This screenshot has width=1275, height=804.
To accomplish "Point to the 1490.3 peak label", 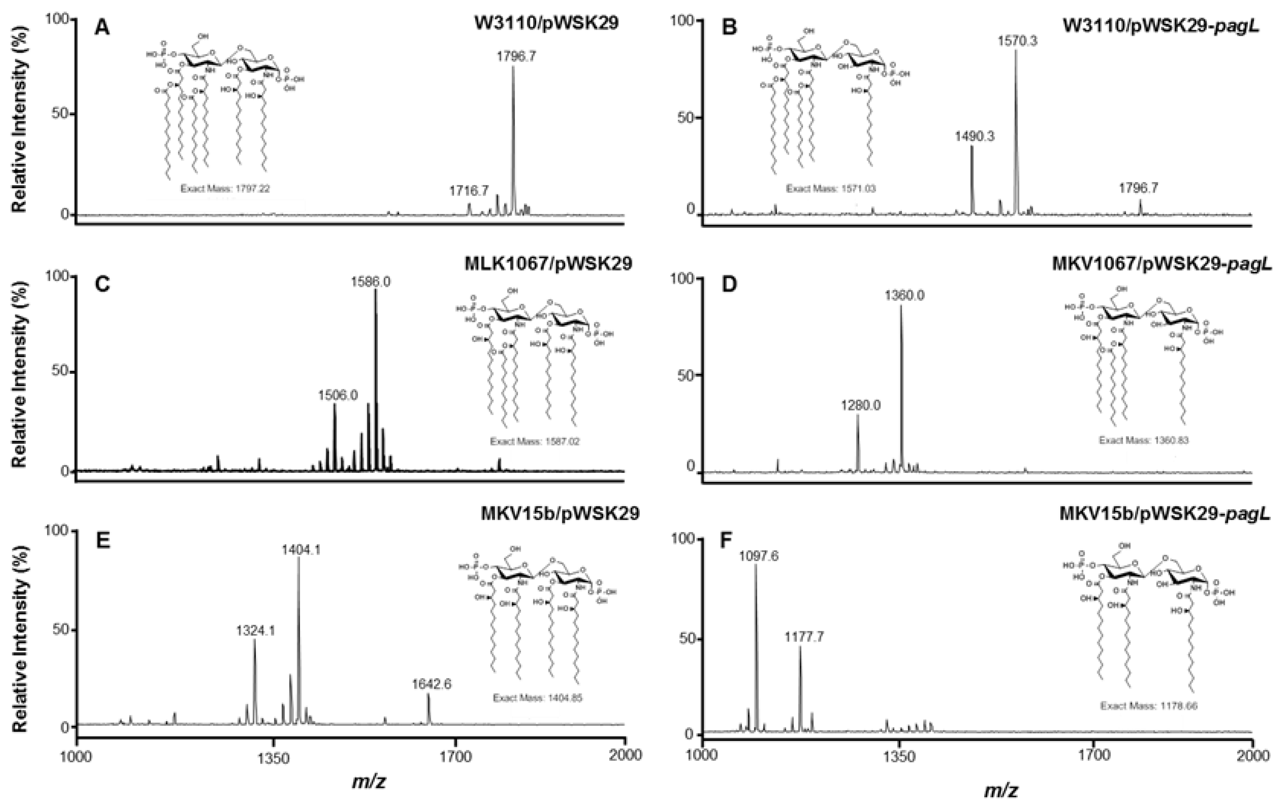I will (x=974, y=137).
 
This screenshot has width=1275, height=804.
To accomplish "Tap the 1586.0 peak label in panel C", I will (x=371, y=282).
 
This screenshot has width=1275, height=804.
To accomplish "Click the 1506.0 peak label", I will (x=338, y=395).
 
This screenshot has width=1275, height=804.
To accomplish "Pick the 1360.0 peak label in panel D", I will (x=904, y=295).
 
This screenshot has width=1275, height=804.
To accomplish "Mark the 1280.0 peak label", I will (x=860, y=406).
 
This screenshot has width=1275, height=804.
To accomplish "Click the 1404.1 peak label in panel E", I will (x=301, y=550).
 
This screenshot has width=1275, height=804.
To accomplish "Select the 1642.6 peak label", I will (x=431, y=684).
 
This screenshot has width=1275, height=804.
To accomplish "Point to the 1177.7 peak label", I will (x=804, y=637).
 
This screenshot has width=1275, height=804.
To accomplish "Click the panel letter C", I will (x=101, y=285).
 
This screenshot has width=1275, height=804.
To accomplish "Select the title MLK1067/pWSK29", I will (x=548, y=263).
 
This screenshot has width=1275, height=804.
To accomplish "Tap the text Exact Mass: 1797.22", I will (x=225, y=188).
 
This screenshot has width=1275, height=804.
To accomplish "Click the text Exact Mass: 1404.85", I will (x=537, y=698).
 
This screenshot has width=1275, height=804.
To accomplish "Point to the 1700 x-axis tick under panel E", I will (x=455, y=756).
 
